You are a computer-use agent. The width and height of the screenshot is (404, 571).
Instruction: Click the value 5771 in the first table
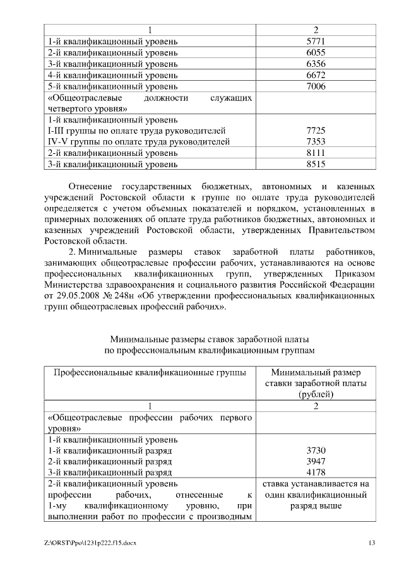click(x=315, y=42)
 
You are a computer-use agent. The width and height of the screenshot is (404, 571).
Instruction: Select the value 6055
click(x=315, y=53)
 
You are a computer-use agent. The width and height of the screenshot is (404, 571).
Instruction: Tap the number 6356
click(x=315, y=64)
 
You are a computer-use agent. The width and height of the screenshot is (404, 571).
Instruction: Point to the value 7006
click(x=315, y=86)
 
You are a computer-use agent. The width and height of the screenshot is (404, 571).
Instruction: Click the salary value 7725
click(x=315, y=131)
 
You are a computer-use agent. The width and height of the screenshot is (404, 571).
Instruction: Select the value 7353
click(x=315, y=142)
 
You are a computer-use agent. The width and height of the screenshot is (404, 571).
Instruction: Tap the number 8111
click(x=315, y=153)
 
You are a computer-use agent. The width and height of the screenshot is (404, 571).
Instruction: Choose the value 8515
click(x=315, y=165)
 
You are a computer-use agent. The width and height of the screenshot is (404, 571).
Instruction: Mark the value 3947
click(x=315, y=462)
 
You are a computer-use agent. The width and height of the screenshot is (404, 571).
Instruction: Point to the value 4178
click(x=315, y=473)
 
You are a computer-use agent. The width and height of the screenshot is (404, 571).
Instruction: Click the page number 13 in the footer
click(x=372, y=543)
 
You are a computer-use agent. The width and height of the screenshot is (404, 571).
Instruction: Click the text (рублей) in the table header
click(x=315, y=394)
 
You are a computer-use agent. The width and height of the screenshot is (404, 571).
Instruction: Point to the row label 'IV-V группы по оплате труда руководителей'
click(x=137, y=142)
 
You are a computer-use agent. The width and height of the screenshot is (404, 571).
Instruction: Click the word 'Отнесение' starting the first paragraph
click(x=92, y=187)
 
